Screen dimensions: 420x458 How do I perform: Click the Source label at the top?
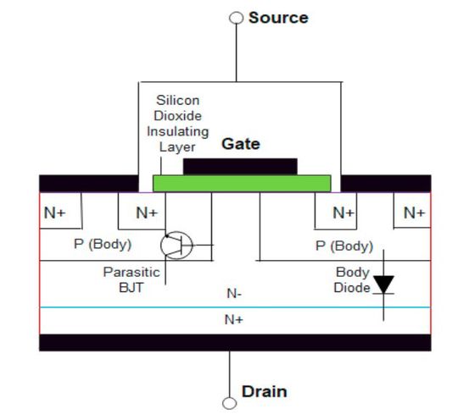[278, 18]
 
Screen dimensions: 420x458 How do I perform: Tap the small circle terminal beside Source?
[237, 18]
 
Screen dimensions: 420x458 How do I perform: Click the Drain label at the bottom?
[265, 391]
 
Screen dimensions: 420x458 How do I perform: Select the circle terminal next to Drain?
[229, 403]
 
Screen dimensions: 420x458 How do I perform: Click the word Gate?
[240, 144]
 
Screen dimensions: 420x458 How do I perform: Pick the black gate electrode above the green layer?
[240, 165]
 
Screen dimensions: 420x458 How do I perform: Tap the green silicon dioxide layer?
[242, 183]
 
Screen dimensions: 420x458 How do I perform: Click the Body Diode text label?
[352, 280]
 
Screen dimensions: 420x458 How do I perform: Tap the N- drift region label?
[234, 294]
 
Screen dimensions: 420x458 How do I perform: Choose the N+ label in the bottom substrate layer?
[234, 319]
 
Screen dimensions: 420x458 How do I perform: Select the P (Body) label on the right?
[343, 246]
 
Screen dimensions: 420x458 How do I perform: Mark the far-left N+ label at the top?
[55, 213]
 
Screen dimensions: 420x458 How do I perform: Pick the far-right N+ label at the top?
[414, 213]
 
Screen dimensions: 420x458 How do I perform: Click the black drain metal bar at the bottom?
[234, 342]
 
